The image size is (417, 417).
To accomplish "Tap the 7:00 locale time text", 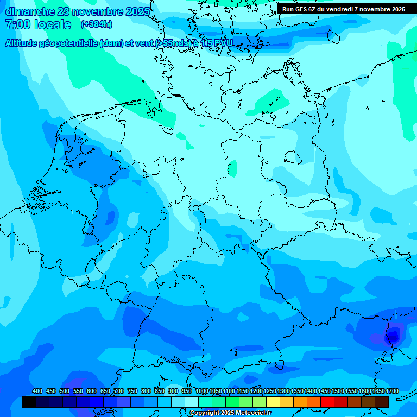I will [38, 24].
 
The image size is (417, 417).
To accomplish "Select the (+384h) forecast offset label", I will [96, 24].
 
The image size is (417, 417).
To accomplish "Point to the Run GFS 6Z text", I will [299, 9].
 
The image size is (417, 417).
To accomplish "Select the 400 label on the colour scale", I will [37, 391].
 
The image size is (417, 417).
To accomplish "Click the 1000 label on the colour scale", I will [202, 391].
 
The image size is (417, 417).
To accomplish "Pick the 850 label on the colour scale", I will [160, 391].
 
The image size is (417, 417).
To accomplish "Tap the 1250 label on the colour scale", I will [270, 391].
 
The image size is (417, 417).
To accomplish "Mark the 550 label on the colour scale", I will [78, 391].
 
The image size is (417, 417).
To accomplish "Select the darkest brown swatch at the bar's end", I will [382, 402].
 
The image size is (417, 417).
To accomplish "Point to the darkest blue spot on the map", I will [391, 338].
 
